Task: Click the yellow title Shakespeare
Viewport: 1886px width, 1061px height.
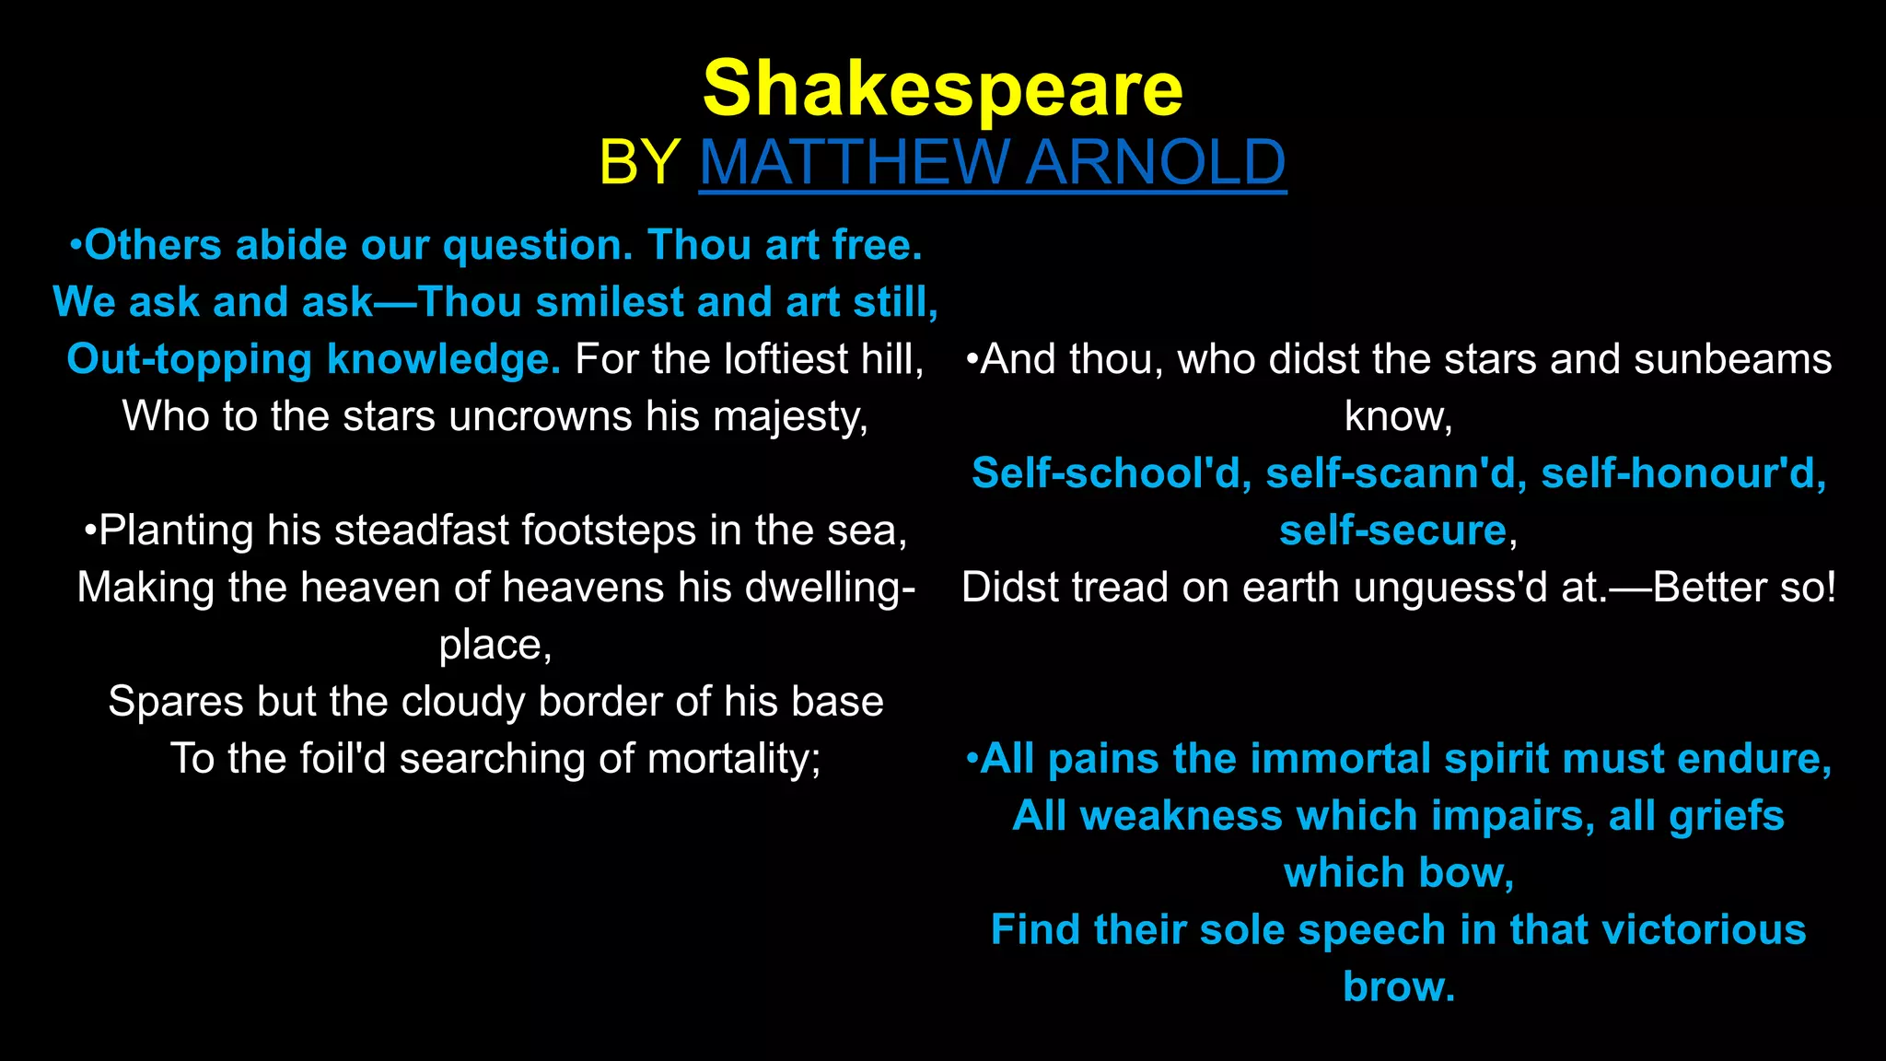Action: (942, 89)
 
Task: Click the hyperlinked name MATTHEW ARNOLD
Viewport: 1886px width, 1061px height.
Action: (992, 162)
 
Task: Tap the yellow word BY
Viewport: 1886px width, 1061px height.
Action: (639, 162)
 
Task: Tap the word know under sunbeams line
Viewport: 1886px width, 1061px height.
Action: (1396, 417)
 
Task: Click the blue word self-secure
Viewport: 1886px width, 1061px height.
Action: (1392, 531)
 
